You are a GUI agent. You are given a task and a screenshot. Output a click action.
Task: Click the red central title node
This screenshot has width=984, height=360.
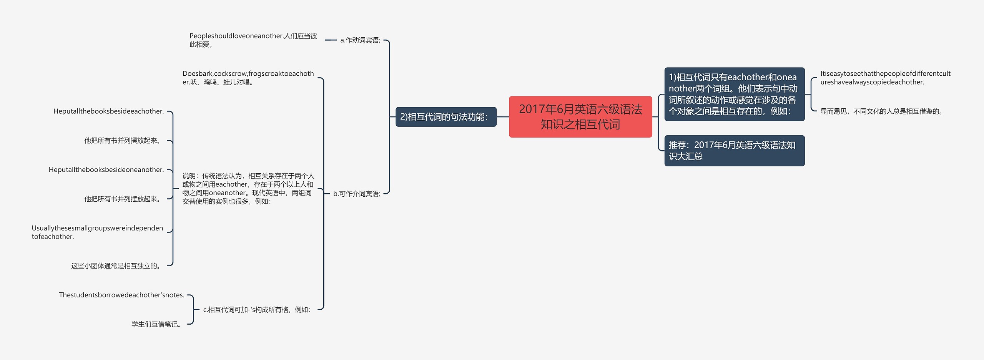click(x=580, y=117)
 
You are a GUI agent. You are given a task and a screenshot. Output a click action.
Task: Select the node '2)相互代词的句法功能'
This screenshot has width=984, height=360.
click(x=446, y=117)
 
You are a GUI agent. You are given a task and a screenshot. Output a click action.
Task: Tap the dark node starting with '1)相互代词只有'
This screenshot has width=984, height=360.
click(x=734, y=94)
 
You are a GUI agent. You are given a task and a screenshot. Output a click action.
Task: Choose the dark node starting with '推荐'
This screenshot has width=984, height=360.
click(x=734, y=151)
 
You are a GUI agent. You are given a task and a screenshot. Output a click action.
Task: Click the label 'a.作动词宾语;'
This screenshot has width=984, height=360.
click(x=360, y=40)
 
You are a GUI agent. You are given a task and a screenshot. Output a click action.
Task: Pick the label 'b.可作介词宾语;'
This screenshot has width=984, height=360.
click(x=357, y=194)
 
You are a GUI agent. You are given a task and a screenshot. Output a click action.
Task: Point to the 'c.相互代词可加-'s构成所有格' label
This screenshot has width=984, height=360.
click(x=257, y=310)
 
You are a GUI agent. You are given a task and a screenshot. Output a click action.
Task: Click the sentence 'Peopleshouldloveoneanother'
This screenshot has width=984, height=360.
click(x=253, y=40)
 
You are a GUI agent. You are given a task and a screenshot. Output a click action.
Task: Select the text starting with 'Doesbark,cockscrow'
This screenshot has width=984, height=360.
click(x=248, y=78)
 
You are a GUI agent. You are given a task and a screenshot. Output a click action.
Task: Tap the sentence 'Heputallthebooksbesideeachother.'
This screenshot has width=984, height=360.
click(x=108, y=111)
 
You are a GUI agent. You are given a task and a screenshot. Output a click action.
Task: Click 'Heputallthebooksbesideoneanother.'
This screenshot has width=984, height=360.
click(x=106, y=170)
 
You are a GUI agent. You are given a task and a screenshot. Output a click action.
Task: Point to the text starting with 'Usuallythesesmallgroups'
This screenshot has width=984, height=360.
click(x=97, y=232)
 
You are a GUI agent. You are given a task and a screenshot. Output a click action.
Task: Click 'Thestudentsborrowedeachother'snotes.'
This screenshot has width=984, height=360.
click(x=121, y=295)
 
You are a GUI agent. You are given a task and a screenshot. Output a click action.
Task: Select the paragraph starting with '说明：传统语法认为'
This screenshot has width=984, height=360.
click(x=248, y=189)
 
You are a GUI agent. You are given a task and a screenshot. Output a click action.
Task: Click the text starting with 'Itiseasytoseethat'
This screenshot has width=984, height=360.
click(x=885, y=78)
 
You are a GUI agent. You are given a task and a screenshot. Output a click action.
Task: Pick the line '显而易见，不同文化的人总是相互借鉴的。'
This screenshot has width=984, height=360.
click(x=882, y=111)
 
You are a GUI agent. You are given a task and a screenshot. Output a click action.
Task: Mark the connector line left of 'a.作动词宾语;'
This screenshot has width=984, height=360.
click(x=331, y=40)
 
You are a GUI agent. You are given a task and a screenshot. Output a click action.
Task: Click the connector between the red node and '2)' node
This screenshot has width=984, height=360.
click(x=503, y=117)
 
